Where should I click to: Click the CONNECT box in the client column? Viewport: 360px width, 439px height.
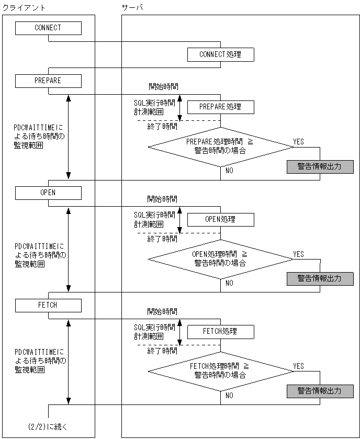click(x=48, y=28)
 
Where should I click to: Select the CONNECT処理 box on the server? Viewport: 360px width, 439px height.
click(x=220, y=54)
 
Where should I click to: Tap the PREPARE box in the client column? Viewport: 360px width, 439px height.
click(x=48, y=81)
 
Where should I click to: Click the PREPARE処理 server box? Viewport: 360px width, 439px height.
click(x=220, y=107)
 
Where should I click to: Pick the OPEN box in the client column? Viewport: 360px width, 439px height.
click(x=48, y=193)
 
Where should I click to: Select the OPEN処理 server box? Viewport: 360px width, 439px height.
click(x=220, y=219)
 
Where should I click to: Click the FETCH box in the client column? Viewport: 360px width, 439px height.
click(x=48, y=305)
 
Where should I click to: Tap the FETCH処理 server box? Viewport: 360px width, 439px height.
click(x=220, y=331)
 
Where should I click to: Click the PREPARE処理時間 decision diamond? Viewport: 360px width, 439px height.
click(x=220, y=146)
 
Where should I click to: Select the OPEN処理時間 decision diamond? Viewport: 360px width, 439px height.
click(x=220, y=258)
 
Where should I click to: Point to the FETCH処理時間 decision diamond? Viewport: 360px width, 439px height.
click(x=220, y=370)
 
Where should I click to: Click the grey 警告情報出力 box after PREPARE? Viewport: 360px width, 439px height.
click(x=320, y=166)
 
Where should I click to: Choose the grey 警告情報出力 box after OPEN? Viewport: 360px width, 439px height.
click(x=320, y=278)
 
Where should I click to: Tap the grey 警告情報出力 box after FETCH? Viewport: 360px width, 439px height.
click(x=320, y=391)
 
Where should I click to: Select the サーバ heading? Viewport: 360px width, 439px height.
click(x=131, y=8)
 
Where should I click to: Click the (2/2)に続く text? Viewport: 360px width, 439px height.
click(x=48, y=427)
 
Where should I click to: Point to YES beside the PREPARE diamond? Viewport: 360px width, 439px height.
click(x=298, y=142)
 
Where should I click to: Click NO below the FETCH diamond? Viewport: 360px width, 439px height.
click(x=229, y=396)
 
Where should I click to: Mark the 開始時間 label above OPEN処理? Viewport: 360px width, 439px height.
click(x=162, y=199)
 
